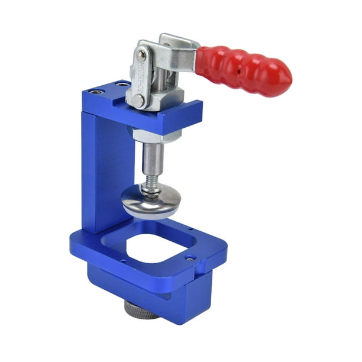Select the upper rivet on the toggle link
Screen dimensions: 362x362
pyautogui.click(x=141, y=55)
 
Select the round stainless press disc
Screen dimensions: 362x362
pyautogui.click(x=151, y=201)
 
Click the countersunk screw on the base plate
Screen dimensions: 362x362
pyautogui.click(x=190, y=257)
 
